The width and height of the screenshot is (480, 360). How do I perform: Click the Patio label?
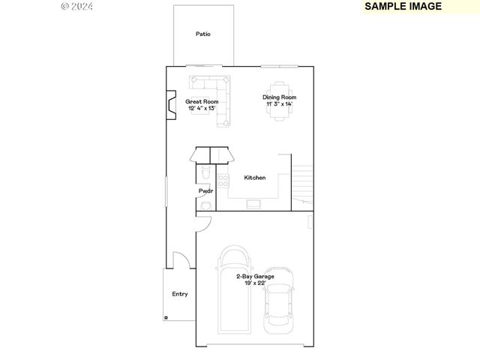202,34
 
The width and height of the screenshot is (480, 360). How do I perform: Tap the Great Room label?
202,101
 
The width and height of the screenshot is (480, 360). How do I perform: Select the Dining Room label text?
279,97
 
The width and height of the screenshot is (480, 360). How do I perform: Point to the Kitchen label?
255,178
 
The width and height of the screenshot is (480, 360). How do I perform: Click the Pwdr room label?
205,191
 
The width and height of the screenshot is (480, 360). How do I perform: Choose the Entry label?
180,294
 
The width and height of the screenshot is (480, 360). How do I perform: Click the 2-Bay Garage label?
255,276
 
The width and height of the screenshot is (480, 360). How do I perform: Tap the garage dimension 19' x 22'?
255,283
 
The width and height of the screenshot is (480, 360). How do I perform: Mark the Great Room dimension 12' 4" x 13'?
202,108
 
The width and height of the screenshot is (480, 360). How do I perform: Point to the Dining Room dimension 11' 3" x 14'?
279,104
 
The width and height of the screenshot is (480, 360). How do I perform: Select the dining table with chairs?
280,84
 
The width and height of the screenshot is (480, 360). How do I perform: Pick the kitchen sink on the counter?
253,203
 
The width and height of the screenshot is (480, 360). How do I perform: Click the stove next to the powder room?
222,180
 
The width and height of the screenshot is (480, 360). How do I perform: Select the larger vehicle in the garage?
235,289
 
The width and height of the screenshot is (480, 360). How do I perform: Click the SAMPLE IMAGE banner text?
403,6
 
